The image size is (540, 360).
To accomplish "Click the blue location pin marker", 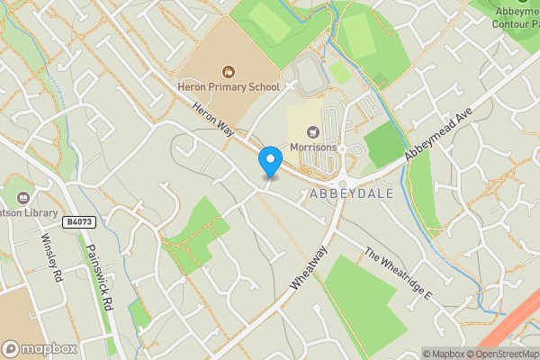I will (x=269, y=162).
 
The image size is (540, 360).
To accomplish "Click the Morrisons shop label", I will (x=313, y=147).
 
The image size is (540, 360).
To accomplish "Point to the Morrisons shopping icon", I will (x=313, y=131).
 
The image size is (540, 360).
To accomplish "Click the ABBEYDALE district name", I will (x=344, y=193).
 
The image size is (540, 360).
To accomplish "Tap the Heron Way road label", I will (x=212, y=119).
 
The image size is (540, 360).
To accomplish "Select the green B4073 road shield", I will (x=79, y=221).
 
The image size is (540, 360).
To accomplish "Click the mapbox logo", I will (x=40, y=348).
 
